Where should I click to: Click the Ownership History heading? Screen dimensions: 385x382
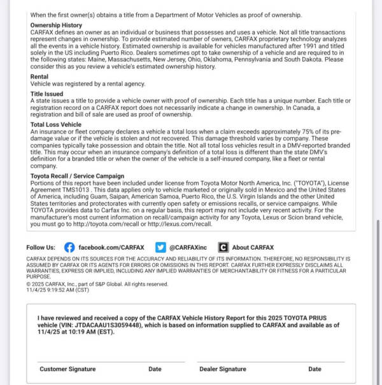coord(56,25)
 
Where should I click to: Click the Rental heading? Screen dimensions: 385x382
coord(39,76)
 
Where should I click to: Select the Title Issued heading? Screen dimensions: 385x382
coord(46,94)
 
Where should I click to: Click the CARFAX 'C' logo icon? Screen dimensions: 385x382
coord(223,247)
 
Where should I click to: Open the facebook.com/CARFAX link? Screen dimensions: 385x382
coord(111,247)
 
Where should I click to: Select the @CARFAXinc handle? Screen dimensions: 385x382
coord(188,247)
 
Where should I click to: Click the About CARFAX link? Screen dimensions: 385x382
coord(253,247)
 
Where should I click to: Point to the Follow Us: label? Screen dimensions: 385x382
coord(41,247)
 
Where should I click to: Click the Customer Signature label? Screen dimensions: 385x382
coord(67,368)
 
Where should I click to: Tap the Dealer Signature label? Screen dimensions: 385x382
coord(222,368)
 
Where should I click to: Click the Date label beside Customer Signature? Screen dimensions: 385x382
coord(155,368)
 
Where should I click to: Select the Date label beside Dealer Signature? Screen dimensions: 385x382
coord(315,368)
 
